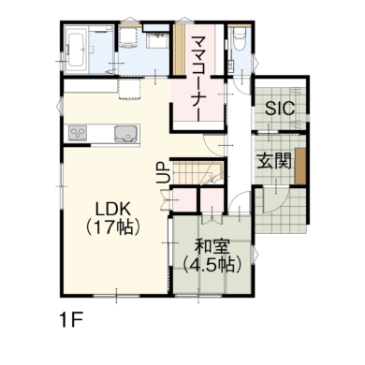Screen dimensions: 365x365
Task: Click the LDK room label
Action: pos(112,209)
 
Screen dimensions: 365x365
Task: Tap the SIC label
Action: pos(280,109)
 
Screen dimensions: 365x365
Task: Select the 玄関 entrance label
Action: pos(274,161)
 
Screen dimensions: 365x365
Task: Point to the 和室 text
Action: pos(212,247)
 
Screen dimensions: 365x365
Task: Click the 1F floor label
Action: pos(71,320)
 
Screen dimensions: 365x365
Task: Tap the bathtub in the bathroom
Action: pos(76,50)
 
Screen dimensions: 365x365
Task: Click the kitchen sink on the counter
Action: pos(127,134)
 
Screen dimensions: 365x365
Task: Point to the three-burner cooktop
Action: pos(77,134)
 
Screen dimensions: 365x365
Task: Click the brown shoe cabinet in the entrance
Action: pos(300,166)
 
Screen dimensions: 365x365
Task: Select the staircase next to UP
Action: pos(197,172)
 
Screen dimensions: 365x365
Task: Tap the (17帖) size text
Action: pos(112,227)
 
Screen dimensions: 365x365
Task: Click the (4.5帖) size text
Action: pos(212,265)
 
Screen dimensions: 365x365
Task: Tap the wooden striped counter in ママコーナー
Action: pos(179,50)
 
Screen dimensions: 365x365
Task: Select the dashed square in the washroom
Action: pos(127,36)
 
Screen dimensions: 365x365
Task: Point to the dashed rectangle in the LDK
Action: pos(129,90)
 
